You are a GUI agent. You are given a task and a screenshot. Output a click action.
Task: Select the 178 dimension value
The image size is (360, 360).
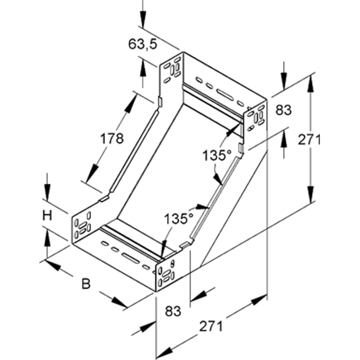pos(111,138)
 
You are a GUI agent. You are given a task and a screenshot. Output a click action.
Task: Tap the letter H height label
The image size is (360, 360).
pos(47,215)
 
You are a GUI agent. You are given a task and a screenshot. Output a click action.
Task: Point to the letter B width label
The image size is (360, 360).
pos(85,283)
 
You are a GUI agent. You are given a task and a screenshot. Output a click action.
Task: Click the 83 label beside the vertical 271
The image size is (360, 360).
pos(284,110)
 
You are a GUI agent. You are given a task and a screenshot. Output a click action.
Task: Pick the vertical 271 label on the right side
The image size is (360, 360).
pos(309,140)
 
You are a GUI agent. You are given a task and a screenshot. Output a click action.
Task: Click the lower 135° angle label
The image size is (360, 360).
pos(178,218)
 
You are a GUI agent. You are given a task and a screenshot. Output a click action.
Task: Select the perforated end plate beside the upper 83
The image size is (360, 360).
pos(255,118)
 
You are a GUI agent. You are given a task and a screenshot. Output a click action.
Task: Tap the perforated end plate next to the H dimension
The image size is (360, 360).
pos(82,226)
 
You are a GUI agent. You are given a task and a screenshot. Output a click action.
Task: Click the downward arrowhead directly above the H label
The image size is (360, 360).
pos(47,193)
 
